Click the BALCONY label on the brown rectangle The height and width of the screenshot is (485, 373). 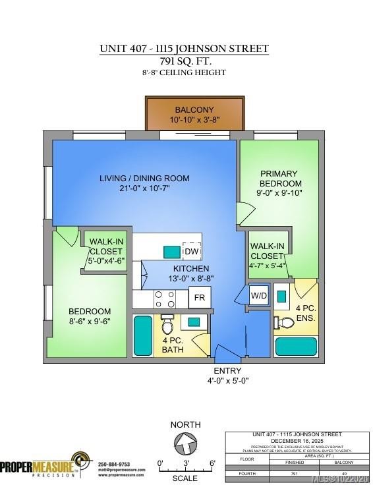194,109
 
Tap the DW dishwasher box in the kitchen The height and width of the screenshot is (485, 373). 191,251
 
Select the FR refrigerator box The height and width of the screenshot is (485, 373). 199,297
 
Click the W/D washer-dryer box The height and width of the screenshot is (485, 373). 258,296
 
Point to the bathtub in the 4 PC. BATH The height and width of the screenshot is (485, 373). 143,335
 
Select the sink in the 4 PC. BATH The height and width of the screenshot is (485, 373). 193,322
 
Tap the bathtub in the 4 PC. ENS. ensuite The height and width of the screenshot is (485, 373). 295,345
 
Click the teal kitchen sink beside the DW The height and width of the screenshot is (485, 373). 171,251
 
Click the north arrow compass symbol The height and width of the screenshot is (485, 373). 185,446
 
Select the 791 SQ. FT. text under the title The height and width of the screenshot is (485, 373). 185,61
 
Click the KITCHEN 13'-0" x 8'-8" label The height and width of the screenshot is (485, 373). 191,273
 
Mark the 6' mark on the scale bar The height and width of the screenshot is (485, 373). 212,464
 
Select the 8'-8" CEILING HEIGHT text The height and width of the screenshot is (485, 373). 185,72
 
